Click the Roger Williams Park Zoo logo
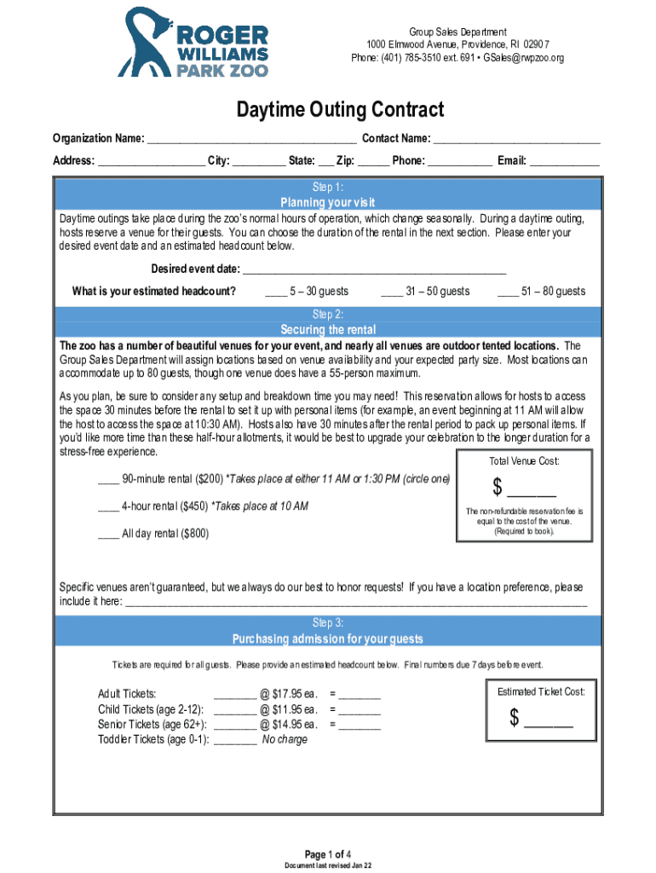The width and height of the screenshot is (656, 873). [x=194, y=42]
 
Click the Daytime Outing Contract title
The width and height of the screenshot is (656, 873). [x=340, y=110]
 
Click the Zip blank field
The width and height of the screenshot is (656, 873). [x=374, y=162]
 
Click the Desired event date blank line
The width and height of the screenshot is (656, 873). [x=374, y=271]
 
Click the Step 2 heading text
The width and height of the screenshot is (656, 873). [x=328, y=314]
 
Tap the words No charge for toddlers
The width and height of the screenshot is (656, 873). [x=285, y=740]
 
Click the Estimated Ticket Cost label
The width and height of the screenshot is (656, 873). [x=541, y=691]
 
